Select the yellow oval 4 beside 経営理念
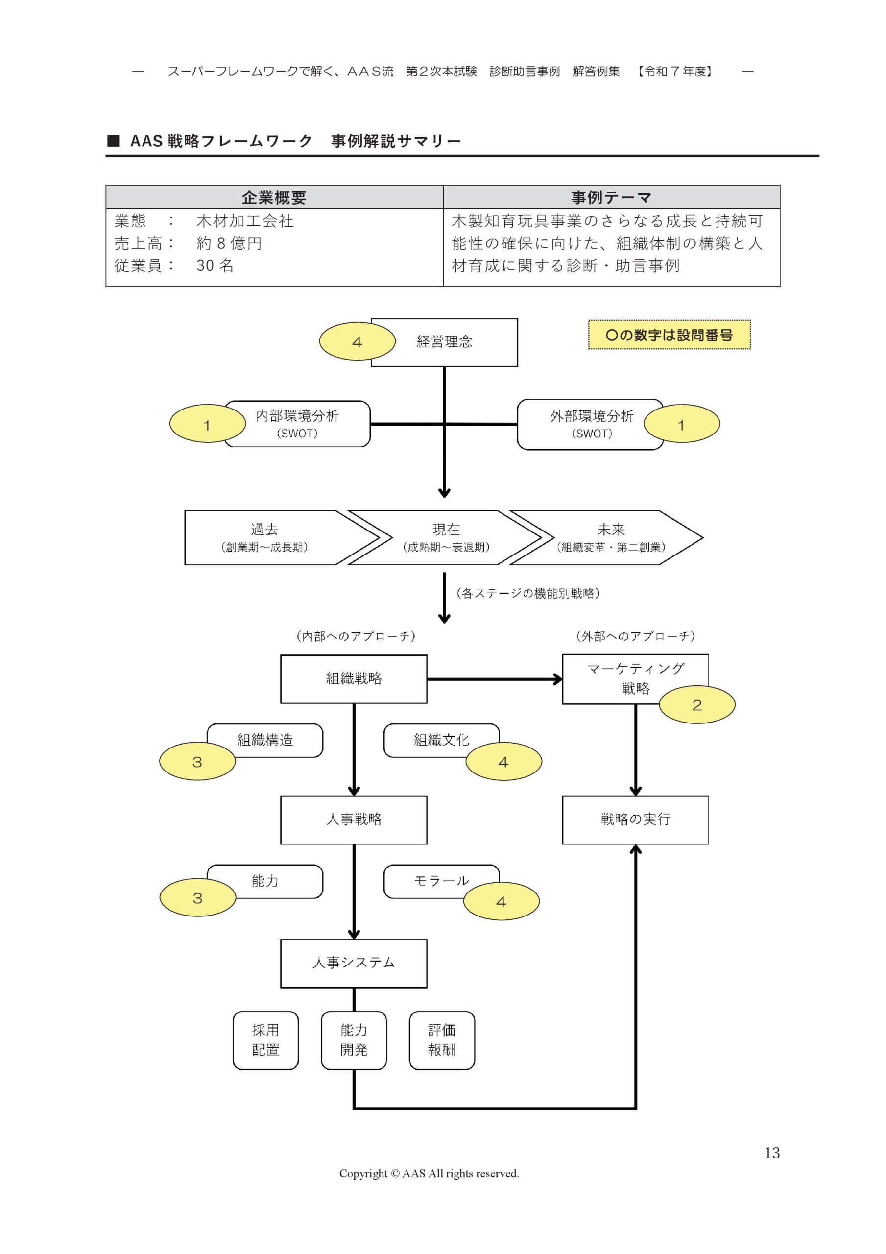coord(357,342)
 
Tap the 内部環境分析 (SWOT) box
coord(297,424)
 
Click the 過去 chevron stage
coord(265,537)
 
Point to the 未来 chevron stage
coord(610,537)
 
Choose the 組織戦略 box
coord(354,679)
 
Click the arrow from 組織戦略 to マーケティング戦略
coord(494,679)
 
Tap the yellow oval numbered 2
coord(696,705)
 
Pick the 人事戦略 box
coord(354,819)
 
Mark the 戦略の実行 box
coord(635,819)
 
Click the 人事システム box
coord(354,963)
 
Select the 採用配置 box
coord(265,1040)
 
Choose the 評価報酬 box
coord(441,1040)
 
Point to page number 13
coord(772,1153)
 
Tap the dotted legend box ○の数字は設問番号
coord(669,335)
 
